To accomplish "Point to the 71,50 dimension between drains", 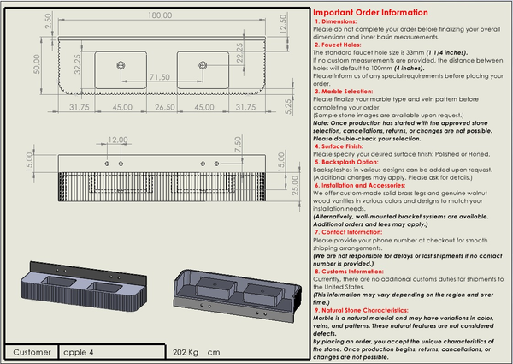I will (159, 77).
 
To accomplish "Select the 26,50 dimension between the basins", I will (165, 107).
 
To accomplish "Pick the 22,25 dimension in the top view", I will (242, 55).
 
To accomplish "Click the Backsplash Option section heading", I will (352, 160).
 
